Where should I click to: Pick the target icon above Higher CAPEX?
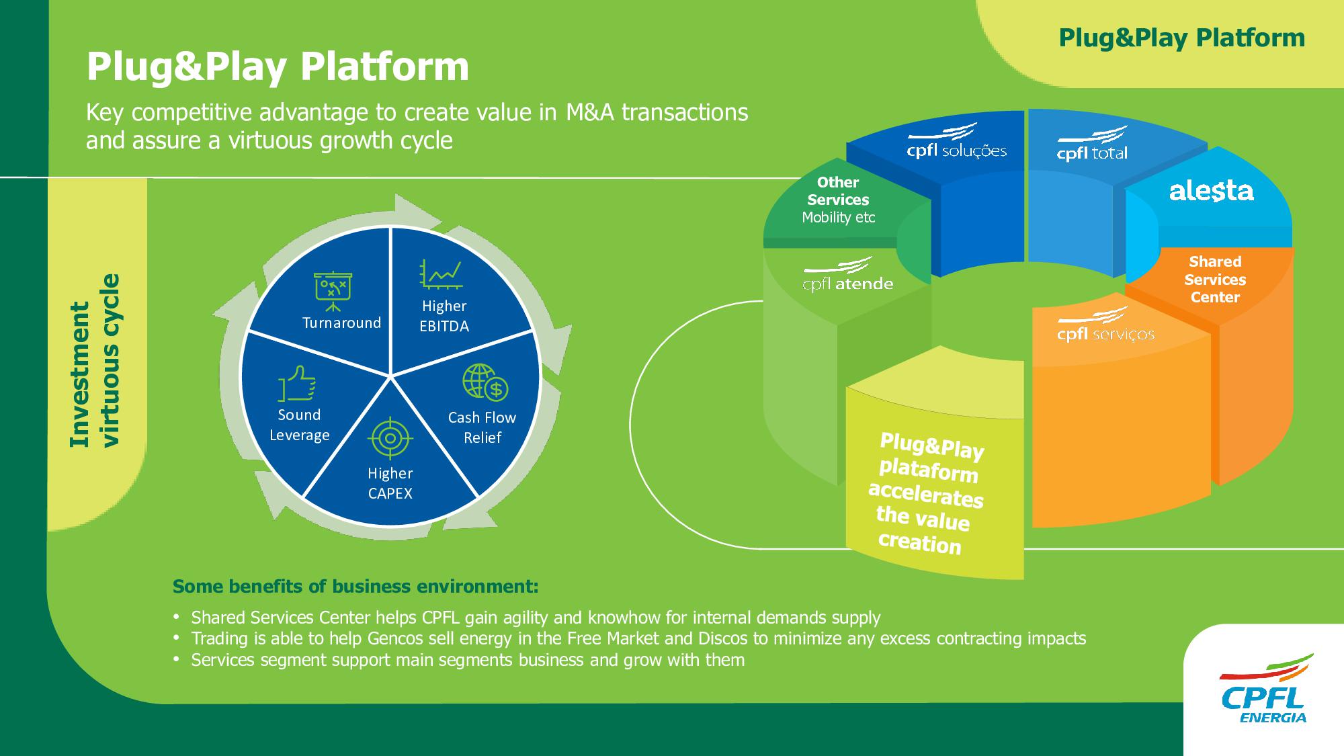390,439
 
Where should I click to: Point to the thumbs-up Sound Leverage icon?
298,383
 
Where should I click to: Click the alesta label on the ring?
1211,192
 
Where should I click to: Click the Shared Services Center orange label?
1215,280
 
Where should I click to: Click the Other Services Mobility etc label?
838,200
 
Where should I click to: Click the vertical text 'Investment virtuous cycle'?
94,361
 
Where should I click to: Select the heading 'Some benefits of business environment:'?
355,587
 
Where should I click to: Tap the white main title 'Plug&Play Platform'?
278,67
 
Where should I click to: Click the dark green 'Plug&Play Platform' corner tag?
1181,38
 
